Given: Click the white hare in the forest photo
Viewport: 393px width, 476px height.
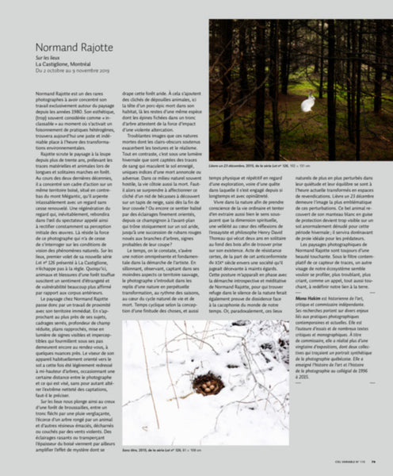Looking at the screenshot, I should pos(307,103).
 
